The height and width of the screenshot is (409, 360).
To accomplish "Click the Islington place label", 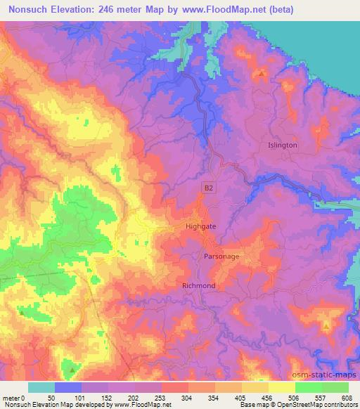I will (283, 145).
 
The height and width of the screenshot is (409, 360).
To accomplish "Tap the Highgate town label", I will (200, 227).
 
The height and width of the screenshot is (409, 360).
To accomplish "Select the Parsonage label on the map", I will (221, 257).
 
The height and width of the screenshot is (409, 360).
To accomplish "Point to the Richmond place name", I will (198, 286).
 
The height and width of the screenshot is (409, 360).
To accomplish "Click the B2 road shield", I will (208, 188).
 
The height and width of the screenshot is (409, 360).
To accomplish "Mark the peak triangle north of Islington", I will (262, 72).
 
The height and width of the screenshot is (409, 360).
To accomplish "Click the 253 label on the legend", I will (162, 397).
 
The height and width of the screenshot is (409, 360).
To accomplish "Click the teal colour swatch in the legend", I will (41, 387).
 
